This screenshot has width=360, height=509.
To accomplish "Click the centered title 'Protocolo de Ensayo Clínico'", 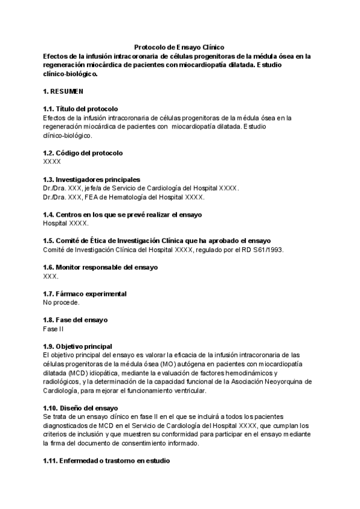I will point(179,47).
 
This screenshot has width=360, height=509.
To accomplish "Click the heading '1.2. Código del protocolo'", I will point(83,152).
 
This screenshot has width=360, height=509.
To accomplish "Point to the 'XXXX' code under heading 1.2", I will point(52,161).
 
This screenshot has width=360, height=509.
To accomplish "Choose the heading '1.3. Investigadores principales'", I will point(92,179).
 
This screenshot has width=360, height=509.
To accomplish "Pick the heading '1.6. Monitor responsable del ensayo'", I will point(100,267).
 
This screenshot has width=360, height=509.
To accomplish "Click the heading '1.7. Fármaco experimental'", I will point(85,294).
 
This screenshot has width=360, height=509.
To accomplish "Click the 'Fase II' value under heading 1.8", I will point(53,329).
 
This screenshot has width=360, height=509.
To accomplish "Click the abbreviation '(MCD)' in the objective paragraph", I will point(73,373).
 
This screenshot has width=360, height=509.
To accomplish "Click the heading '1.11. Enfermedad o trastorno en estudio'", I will point(106,461).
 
